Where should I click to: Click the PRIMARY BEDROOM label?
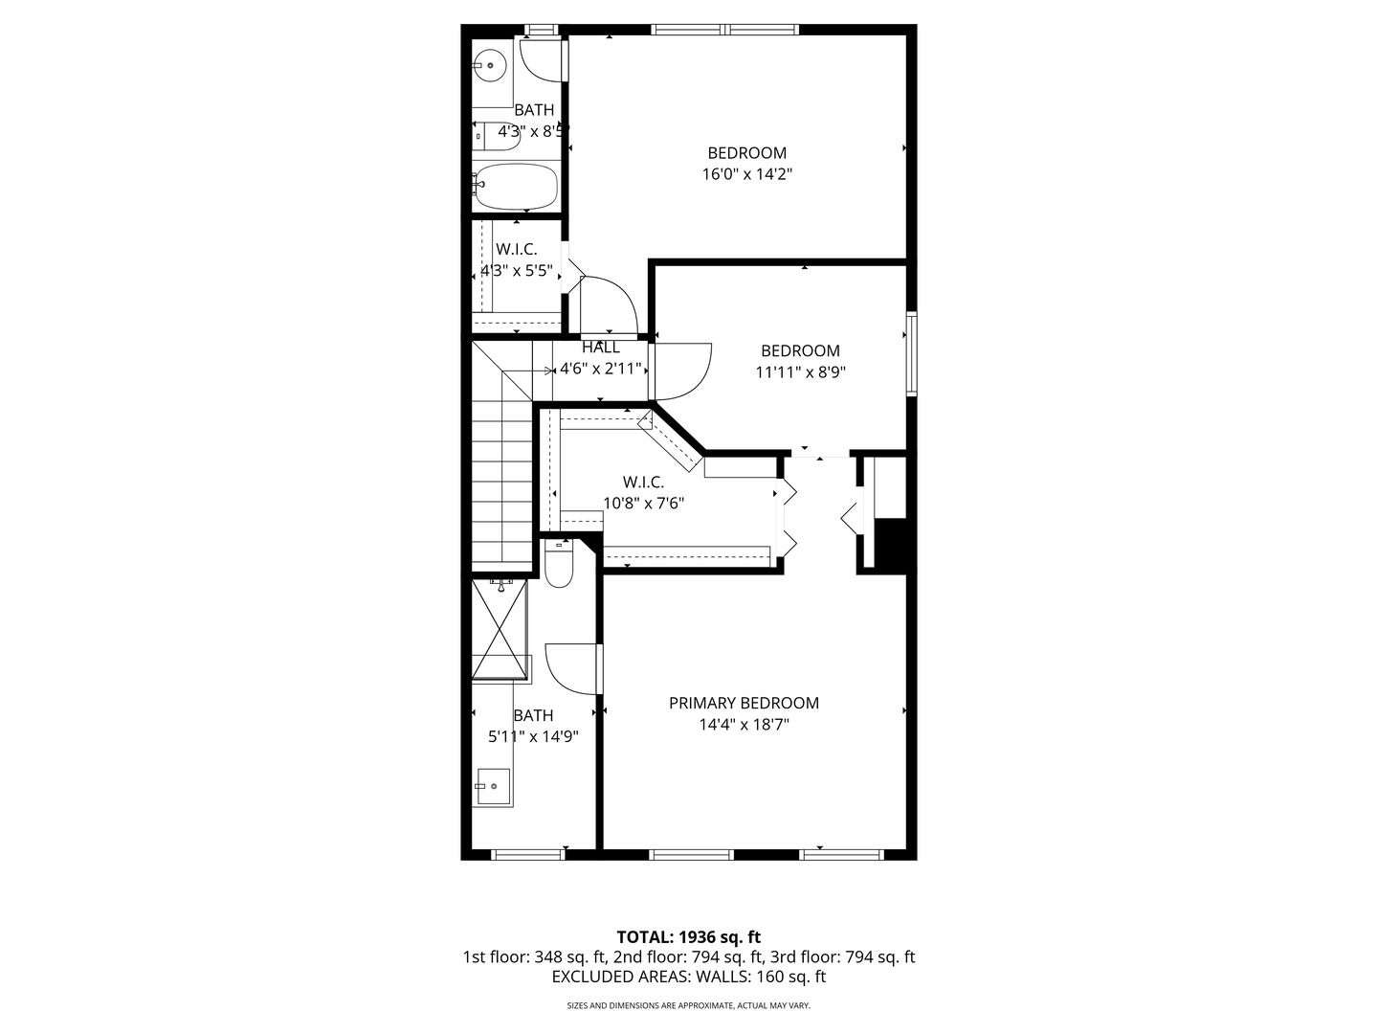point(744,703)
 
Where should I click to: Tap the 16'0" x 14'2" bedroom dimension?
point(746,174)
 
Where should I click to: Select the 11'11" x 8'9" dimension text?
point(800,372)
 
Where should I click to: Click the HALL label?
point(600,348)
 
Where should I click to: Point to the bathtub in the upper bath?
point(516,187)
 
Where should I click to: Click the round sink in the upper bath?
point(490,65)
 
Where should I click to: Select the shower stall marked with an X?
point(500,630)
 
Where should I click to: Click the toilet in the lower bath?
point(558,564)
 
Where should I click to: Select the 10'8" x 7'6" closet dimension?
point(643,503)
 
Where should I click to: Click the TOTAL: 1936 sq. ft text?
point(688,936)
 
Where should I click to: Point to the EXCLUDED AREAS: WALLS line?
point(688,977)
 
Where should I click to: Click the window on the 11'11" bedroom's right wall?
point(912,353)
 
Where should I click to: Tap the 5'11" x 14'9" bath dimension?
point(533,736)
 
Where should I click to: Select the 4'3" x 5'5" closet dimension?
point(517,271)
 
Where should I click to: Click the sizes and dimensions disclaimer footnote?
point(688,1006)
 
